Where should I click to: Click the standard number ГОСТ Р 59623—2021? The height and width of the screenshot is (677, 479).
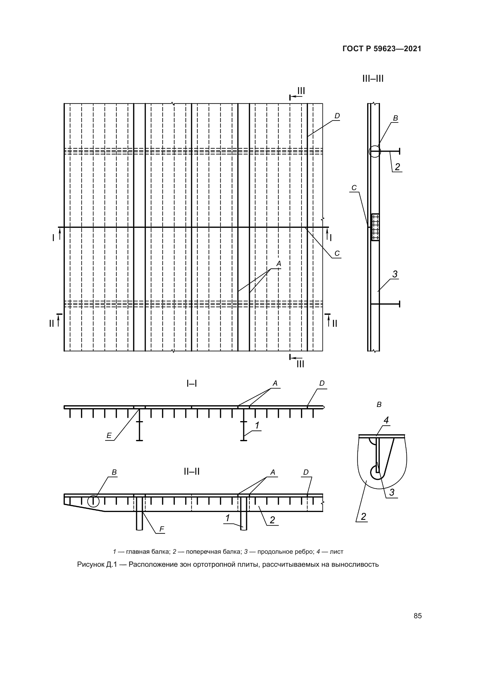(x=382, y=49)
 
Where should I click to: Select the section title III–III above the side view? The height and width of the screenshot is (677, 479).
(x=373, y=79)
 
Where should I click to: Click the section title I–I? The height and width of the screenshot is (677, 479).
(x=192, y=384)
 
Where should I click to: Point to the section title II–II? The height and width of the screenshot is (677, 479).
(x=192, y=472)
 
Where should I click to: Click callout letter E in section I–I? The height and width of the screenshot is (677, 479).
(x=109, y=436)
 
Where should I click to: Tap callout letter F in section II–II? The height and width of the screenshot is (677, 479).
(x=162, y=529)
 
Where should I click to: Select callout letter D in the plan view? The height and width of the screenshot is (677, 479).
(x=337, y=116)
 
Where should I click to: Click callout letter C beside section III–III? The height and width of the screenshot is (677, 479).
(x=354, y=188)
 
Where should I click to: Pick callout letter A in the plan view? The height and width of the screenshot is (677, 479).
(x=279, y=264)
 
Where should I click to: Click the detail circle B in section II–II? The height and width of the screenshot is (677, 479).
(x=94, y=501)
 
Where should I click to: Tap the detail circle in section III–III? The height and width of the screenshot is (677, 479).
(x=375, y=152)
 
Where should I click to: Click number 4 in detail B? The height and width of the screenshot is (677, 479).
(x=386, y=420)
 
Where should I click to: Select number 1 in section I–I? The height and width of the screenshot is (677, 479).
(x=257, y=425)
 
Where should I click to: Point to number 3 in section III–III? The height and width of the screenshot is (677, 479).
(x=395, y=274)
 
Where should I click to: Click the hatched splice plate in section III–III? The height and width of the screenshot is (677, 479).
(x=375, y=227)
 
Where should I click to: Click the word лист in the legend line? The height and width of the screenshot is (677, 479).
(x=337, y=552)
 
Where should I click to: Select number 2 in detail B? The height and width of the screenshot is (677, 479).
(x=363, y=517)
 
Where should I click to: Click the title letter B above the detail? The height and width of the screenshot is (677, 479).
(x=379, y=405)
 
